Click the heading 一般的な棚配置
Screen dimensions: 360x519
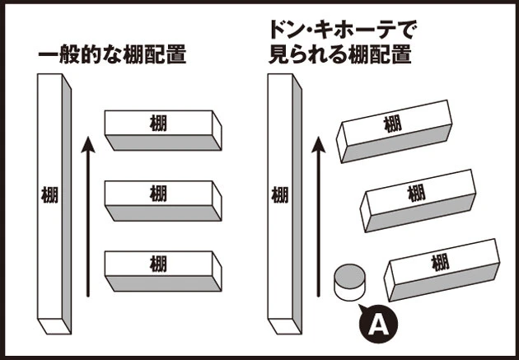[x=111, y=56]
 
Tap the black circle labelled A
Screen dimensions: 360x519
[x=377, y=325]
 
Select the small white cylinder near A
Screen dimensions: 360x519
[x=349, y=282]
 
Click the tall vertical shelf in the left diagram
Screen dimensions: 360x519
[x=51, y=198]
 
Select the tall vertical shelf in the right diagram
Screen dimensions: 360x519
[x=282, y=198]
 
